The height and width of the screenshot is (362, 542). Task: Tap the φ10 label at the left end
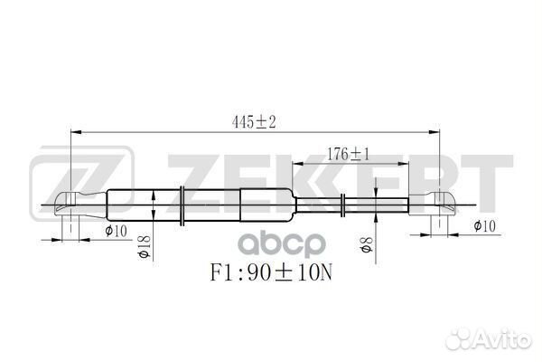tap(114, 233)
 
